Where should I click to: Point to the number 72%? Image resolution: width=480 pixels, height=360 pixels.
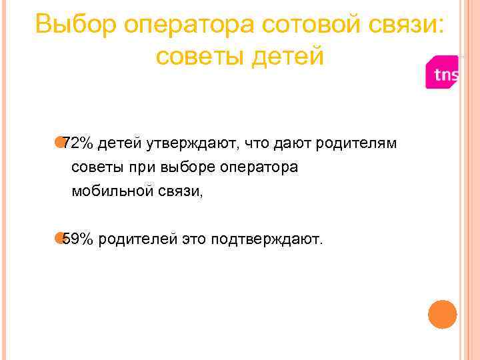click(x=79, y=143)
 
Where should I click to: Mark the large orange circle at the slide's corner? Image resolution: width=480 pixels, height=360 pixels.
click(x=442, y=314)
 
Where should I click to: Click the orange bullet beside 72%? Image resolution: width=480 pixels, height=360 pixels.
click(x=61, y=142)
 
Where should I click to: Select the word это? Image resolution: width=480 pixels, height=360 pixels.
click(x=193, y=239)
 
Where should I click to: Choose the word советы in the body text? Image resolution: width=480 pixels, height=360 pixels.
click(x=93, y=167)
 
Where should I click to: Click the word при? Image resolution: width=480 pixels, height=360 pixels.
click(x=133, y=167)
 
